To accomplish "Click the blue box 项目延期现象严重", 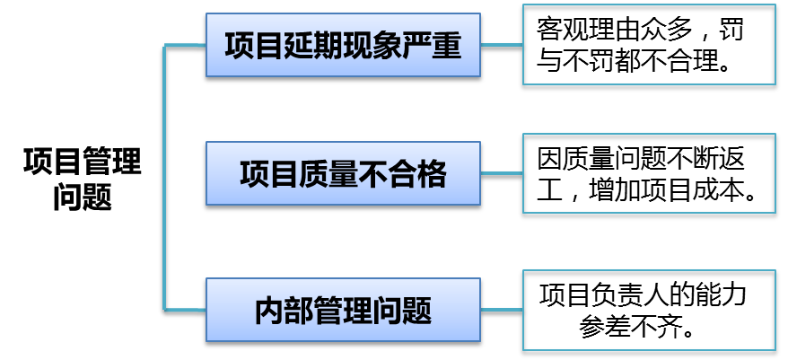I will point(342,47).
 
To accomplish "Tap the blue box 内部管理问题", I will point(342,311).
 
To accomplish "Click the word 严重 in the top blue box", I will point(441,47).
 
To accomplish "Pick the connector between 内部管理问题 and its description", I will point(502,308).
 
